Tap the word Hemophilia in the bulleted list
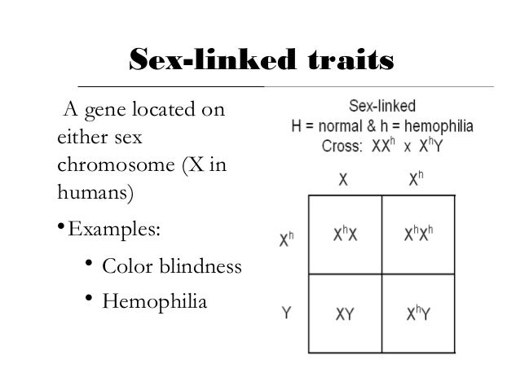point(155,302)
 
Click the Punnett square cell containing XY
point(345,313)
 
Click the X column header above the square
point(345,181)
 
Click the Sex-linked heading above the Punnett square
point(382,107)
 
